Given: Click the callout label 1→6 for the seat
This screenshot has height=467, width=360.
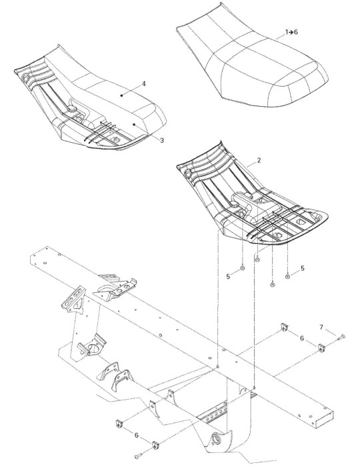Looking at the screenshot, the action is pyautogui.click(x=291, y=32).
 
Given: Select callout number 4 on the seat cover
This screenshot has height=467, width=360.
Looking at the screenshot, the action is pyautogui.click(x=144, y=83).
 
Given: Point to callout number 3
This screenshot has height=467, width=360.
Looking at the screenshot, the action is pyautogui.click(x=162, y=140).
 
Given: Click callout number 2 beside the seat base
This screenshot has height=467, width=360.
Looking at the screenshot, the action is pyautogui.click(x=259, y=160).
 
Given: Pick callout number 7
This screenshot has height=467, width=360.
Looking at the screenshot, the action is pyautogui.click(x=321, y=328).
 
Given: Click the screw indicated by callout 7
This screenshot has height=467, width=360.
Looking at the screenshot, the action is pyautogui.click(x=341, y=338).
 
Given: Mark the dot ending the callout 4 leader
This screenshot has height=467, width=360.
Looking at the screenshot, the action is pyautogui.click(x=121, y=95).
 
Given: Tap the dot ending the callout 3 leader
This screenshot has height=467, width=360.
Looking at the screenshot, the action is pyautogui.click(x=134, y=124).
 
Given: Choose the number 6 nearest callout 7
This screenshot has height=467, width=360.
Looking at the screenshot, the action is pyautogui.click(x=302, y=338).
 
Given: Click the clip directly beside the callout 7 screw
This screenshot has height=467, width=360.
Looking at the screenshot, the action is pyautogui.click(x=321, y=348).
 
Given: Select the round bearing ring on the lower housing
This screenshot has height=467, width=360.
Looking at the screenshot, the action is pyautogui.click(x=215, y=439).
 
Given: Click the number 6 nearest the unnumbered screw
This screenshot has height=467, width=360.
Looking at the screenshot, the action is pyautogui.click(x=137, y=435).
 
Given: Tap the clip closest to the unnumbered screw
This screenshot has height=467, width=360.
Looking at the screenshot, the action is pyautogui.click(x=155, y=445).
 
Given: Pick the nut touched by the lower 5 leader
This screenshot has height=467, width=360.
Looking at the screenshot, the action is pyautogui.click(x=243, y=268).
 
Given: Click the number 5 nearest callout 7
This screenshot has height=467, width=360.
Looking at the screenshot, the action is pyautogui.click(x=303, y=268).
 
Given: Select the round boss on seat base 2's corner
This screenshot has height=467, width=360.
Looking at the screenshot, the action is pyautogui.click(x=188, y=172).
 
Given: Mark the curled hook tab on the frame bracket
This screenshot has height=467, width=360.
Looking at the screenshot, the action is pyautogui.click(x=134, y=281).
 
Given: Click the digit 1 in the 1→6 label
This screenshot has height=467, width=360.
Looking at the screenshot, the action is pyautogui.click(x=287, y=32).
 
